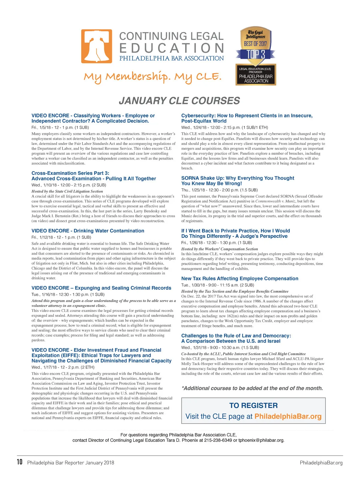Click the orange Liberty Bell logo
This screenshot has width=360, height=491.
point(97,46)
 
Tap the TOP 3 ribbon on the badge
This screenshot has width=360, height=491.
point(256,54)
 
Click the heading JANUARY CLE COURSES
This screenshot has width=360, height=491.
point(179,101)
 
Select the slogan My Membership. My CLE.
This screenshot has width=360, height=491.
point(153,77)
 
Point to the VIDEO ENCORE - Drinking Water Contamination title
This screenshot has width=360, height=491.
point(88,231)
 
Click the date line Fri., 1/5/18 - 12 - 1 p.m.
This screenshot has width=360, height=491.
point(60,127)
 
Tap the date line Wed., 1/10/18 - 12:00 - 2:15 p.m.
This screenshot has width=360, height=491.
point(69,185)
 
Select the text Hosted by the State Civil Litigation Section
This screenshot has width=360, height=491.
point(67,191)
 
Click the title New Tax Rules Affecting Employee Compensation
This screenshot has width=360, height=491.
point(240,279)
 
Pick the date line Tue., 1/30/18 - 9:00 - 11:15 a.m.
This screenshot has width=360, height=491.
point(217,285)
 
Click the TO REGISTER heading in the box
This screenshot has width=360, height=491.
point(253,406)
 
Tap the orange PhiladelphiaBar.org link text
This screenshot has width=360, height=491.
point(288,416)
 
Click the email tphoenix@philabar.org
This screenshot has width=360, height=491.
point(261,440)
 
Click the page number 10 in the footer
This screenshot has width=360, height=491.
point(19,462)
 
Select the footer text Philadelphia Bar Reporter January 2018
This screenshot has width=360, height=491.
point(71,463)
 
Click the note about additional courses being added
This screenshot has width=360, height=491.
point(252,388)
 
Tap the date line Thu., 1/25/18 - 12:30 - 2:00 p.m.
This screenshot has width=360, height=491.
point(219,190)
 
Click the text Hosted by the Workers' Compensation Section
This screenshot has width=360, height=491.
point(220,249)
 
